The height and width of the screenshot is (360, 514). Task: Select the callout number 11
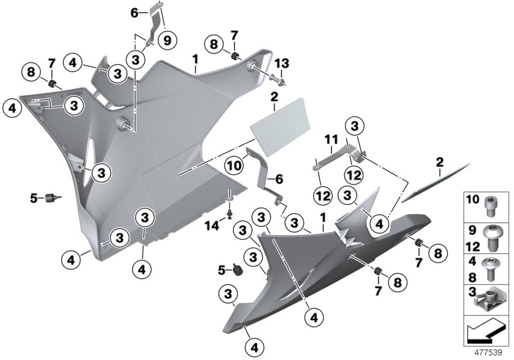coord(330,139)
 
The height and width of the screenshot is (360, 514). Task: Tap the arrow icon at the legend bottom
coord(486,334)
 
